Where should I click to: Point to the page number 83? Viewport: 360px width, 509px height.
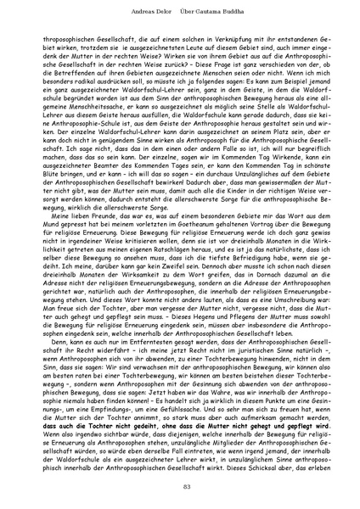[180, 484]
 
